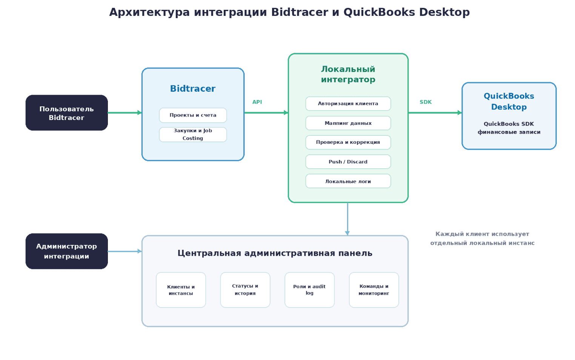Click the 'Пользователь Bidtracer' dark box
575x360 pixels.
point(67,113)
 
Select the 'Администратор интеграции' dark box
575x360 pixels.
point(67,251)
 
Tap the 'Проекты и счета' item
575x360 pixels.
point(193,115)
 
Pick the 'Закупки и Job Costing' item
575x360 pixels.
point(193,135)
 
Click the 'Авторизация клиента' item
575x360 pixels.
point(348,104)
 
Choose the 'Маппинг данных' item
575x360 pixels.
point(348,123)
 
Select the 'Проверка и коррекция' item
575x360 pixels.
point(348,142)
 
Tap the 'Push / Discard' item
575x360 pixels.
point(348,162)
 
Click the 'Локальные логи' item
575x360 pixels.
point(348,181)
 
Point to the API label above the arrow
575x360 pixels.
point(257,102)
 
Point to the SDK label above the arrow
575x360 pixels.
point(426,102)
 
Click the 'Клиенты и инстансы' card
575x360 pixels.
point(181,290)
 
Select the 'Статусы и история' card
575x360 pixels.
point(245,290)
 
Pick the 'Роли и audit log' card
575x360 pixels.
point(310,290)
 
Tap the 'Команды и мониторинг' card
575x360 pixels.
point(374,290)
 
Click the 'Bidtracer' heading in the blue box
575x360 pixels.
point(193,89)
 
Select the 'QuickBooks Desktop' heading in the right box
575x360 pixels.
point(509,102)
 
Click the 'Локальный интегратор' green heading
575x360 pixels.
point(348,74)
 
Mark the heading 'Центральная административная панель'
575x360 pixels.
point(275,253)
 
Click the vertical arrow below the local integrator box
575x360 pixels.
point(347,219)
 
